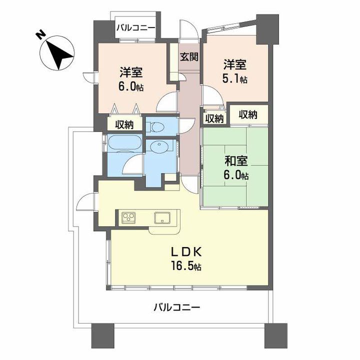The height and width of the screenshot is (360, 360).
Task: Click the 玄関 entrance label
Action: click(x=189, y=56)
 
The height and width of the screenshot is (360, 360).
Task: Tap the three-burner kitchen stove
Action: click(x=128, y=217)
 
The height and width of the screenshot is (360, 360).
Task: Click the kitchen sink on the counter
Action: click(x=162, y=217)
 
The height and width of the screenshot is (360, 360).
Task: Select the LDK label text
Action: click(x=186, y=252)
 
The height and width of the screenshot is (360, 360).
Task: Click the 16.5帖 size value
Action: click(x=186, y=266)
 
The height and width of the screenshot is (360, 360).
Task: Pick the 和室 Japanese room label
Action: click(x=236, y=160)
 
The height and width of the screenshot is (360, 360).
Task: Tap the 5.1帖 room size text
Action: click(x=234, y=79)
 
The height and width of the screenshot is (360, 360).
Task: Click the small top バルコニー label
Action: click(x=135, y=28)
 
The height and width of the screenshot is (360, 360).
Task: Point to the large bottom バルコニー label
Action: click(x=177, y=307)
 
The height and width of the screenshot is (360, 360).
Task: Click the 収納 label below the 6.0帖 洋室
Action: click(x=124, y=124)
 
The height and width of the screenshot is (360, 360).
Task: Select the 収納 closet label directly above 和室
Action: click(x=248, y=114)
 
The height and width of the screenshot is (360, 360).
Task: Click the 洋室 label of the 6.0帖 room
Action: click(x=131, y=72)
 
